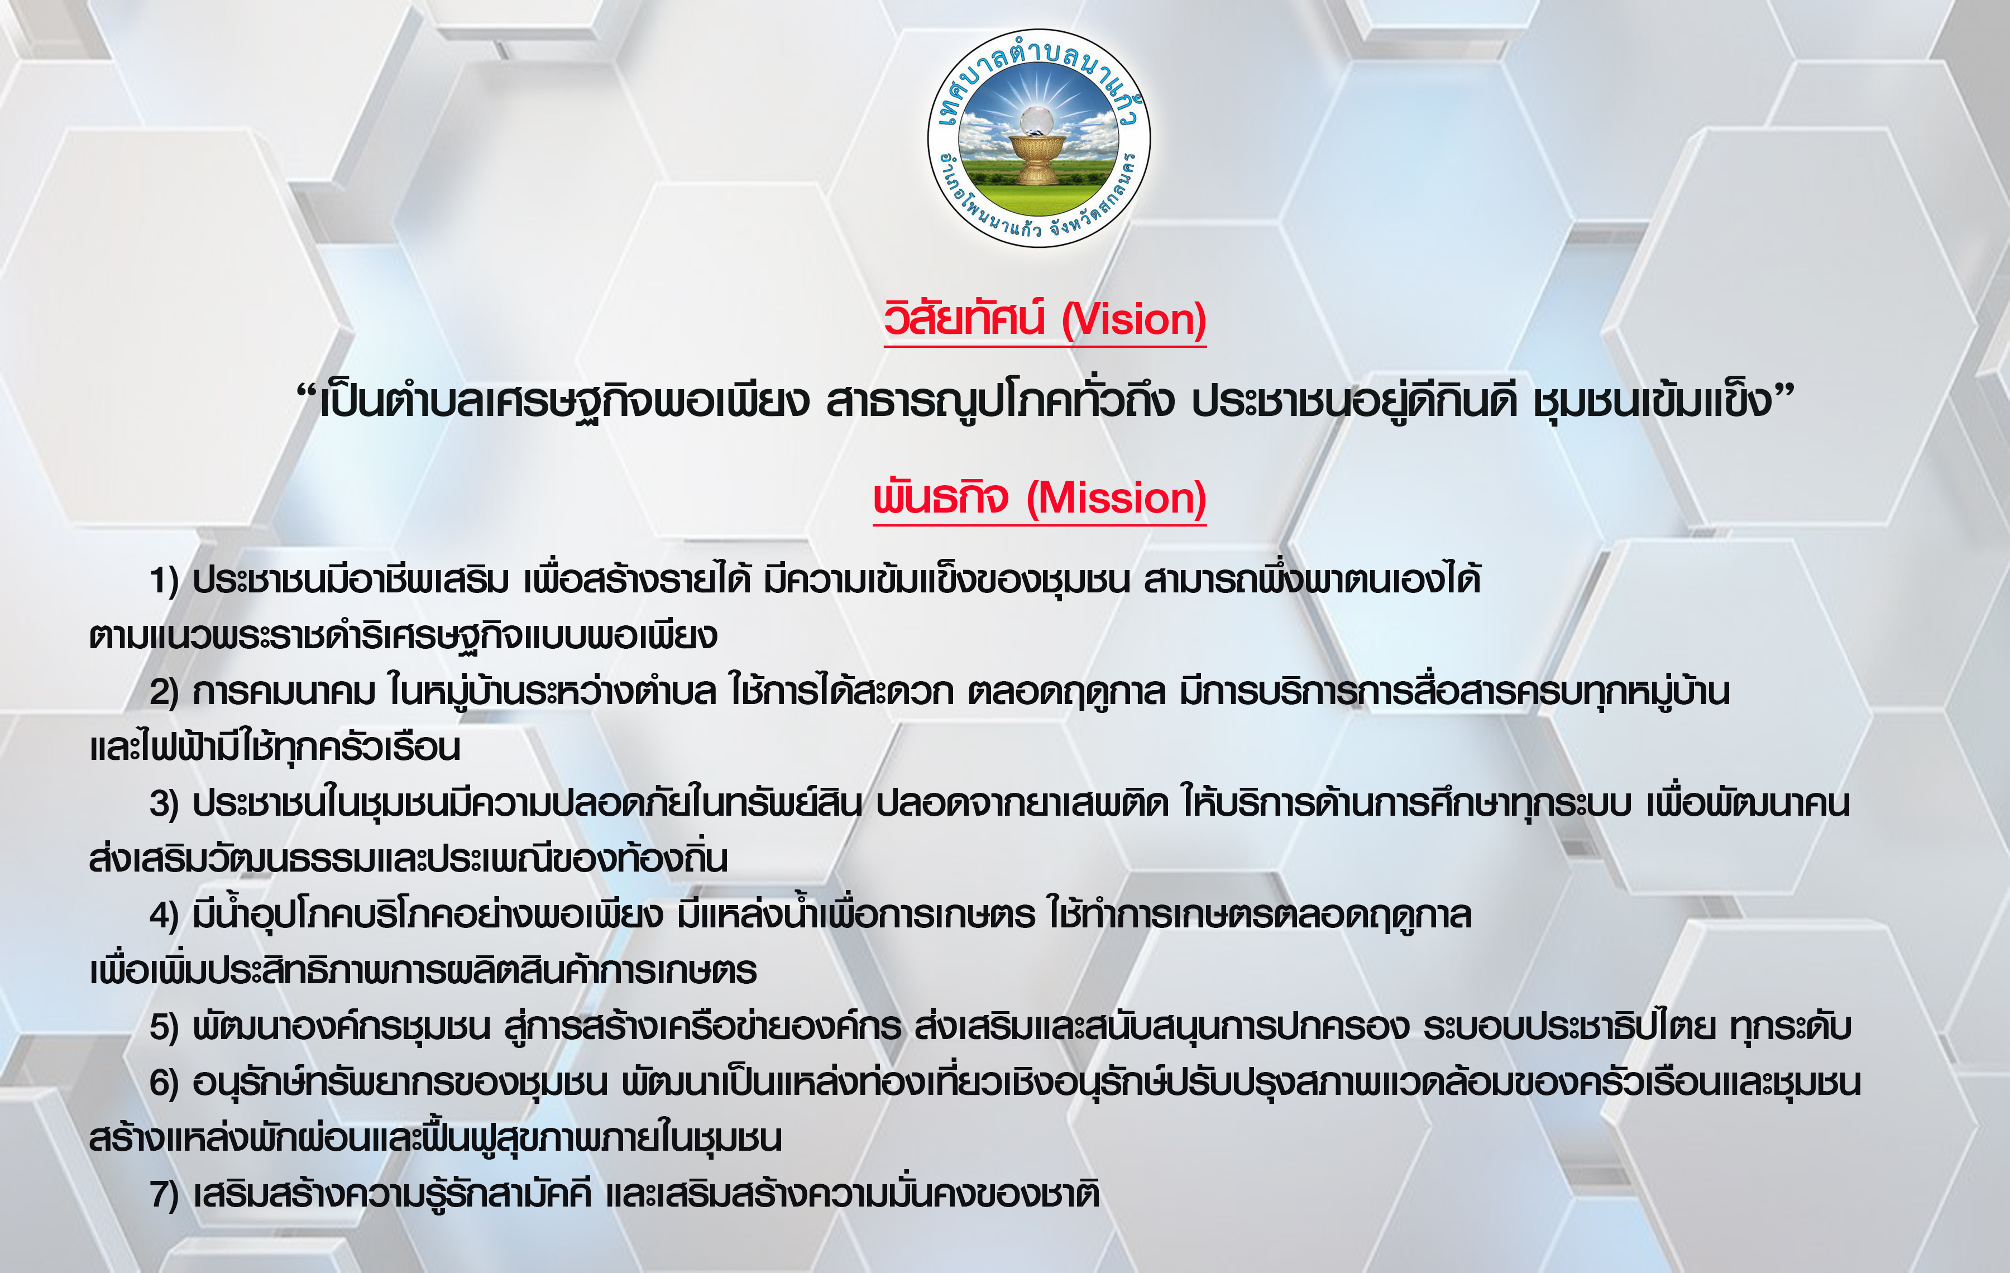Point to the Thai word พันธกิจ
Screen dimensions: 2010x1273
coord(941,497)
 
